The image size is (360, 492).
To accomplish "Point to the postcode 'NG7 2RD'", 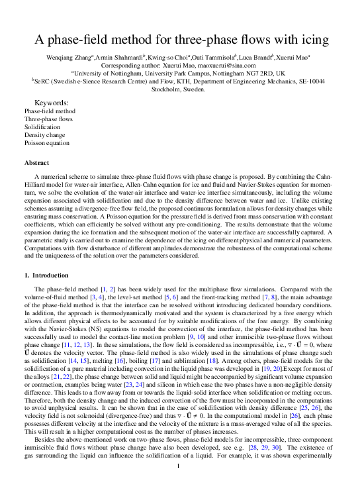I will coord(252,74).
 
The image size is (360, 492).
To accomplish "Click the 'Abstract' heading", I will coord(36,162).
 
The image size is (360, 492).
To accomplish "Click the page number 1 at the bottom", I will coord(180,466).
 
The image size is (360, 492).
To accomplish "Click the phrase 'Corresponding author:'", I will coord(143,66).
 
